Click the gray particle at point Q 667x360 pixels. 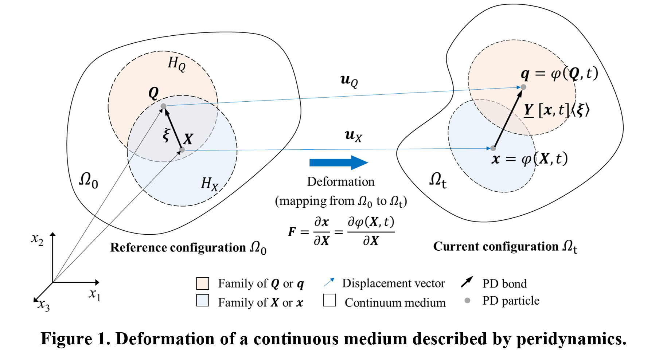164,106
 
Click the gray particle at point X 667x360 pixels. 182,150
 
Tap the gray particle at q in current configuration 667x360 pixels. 523,87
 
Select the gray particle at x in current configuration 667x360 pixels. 493,148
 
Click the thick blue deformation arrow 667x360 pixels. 339,163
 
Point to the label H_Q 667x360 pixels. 177,64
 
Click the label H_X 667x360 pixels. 210,184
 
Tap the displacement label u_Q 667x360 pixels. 349,80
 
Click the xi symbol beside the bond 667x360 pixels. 167,135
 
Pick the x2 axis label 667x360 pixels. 37,240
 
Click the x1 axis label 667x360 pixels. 94,294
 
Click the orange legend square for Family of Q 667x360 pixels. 203,283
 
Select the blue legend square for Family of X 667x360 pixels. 203,300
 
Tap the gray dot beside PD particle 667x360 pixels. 468,301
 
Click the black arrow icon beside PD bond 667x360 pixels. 467,282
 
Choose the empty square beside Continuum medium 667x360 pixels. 329,300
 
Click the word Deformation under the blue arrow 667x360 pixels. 341,181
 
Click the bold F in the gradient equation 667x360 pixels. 292,232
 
